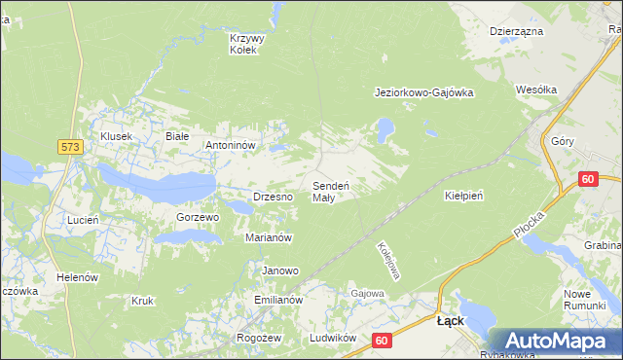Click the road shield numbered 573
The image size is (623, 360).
tap(69, 146)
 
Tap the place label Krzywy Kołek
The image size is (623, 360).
tap(247, 44)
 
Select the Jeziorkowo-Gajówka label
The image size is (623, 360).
tap(423, 93)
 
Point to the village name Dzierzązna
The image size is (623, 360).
tap(516, 31)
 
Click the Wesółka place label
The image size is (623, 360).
tap(536, 90)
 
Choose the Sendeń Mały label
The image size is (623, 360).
tap(331, 191)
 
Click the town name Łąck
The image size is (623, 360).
tap(450, 320)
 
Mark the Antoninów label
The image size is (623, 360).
tap(229, 145)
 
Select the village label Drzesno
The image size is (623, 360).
tap(274, 197)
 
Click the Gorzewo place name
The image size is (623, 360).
tap(198, 217)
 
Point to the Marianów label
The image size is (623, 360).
tap(270, 237)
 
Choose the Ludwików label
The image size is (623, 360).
tap(329, 338)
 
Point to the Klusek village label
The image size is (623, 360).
tap(116, 137)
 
